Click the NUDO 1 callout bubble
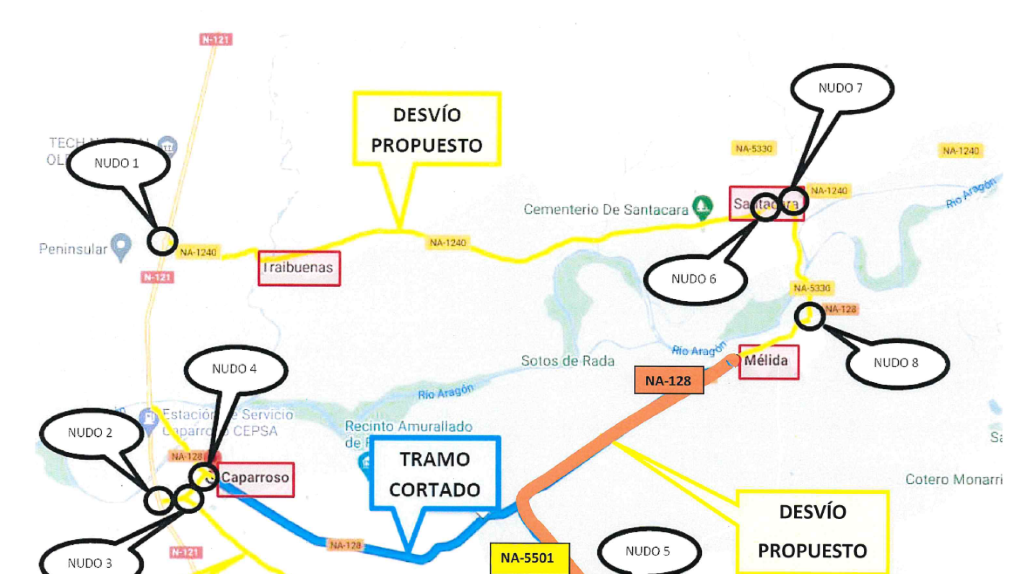point(117,163)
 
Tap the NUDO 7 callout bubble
point(841,88)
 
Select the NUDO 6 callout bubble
point(694,279)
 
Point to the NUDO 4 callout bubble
point(235,369)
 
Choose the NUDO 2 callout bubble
point(90,433)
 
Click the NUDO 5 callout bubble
point(648,552)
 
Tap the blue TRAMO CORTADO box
point(435,474)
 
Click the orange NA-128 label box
point(668,381)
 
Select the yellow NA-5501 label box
point(528,558)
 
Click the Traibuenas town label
point(299,268)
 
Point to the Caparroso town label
point(256,478)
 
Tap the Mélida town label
point(768,361)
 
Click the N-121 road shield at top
point(216,39)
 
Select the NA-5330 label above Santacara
point(753,149)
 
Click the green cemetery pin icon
point(702,207)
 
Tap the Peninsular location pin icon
point(122,247)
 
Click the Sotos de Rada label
point(567,361)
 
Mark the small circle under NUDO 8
point(809,317)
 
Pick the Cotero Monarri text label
point(953,479)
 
